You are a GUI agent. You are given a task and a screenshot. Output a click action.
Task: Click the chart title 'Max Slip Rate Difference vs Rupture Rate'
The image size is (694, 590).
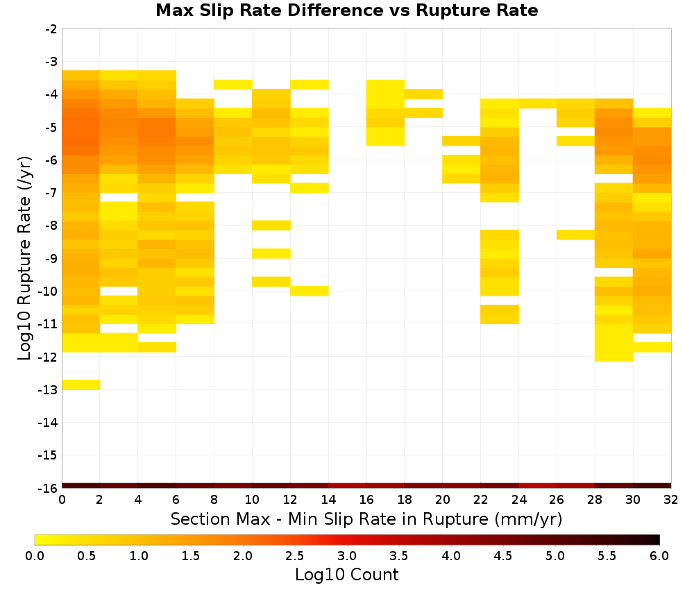(x=346, y=10)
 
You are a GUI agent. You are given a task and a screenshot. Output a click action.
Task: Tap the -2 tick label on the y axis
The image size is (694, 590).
(x=51, y=29)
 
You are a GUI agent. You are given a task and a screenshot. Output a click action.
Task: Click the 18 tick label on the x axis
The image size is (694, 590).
(x=404, y=500)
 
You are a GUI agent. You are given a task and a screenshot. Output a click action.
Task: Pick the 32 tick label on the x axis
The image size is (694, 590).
(x=670, y=500)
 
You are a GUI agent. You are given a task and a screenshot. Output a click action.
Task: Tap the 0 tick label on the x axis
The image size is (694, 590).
(x=62, y=500)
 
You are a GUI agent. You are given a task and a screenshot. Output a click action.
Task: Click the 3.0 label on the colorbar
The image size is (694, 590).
(x=347, y=556)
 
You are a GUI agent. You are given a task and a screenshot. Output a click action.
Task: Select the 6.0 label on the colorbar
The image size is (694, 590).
(x=659, y=556)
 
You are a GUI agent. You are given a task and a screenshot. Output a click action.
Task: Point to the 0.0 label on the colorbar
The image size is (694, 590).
(x=35, y=556)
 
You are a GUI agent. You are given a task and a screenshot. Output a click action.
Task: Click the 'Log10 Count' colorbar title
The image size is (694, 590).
(x=346, y=575)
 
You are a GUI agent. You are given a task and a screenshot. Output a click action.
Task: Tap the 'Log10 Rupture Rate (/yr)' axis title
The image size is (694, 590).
(x=25, y=258)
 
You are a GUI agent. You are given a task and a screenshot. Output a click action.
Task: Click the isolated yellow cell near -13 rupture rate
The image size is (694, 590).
(x=81, y=385)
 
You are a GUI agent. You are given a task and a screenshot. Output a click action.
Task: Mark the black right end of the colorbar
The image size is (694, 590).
(x=656, y=539)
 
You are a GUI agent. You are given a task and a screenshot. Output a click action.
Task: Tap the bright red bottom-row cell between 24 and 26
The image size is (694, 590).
(x=537, y=486)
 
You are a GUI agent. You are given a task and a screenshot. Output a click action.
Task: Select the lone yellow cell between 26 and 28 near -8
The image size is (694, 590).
(x=575, y=235)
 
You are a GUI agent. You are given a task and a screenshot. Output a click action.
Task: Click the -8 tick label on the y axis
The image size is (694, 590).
(x=51, y=226)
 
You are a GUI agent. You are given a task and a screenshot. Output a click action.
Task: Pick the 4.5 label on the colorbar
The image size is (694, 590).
(x=502, y=556)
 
